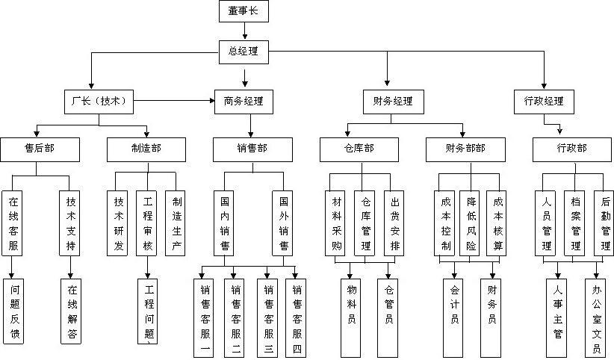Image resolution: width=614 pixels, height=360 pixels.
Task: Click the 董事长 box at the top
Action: click(245, 12)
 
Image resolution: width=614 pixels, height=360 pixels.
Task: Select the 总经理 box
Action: click(245, 51)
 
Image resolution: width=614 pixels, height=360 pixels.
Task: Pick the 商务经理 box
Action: click(244, 100)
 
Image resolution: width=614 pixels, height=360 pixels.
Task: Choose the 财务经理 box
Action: click(392, 100)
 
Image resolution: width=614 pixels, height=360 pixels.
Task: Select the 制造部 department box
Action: click(145, 148)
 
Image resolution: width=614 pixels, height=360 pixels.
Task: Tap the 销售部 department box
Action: click(251, 148)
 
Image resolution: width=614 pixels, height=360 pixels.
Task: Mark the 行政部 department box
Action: click(571, 148)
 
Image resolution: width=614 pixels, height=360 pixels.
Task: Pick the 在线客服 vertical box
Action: click(13, 223)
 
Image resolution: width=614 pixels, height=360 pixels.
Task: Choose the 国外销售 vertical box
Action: click(284, 223)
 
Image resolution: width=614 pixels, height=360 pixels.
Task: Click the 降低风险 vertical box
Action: click(471, 223)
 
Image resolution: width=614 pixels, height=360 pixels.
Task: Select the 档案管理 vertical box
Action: click(574, 223)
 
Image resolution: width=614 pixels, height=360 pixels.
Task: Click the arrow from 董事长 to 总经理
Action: click(245, 32)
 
